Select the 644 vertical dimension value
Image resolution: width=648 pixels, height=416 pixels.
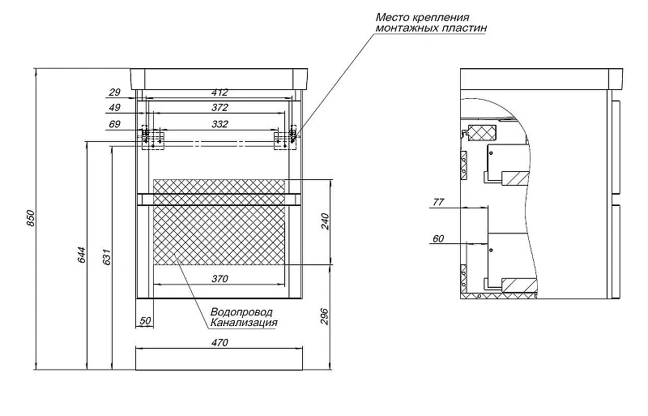81,255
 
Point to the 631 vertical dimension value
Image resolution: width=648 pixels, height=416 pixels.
107,257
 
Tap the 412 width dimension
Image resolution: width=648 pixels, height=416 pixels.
220,92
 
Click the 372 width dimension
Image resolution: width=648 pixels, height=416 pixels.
220,108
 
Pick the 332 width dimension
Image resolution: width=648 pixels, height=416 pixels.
220,124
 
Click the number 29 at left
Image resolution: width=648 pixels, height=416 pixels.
114,92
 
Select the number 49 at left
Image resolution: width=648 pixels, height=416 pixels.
114,108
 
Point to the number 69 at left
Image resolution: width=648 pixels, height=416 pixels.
114,124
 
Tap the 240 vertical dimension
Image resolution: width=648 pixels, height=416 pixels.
325,221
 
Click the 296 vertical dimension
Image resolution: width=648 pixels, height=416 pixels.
325,316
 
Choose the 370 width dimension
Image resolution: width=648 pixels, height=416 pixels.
220,279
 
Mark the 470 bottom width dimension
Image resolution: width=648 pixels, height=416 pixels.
220,343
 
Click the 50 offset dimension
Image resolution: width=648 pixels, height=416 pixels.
145,321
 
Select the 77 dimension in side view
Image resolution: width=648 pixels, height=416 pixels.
438,202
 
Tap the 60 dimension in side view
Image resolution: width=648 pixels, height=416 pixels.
438,239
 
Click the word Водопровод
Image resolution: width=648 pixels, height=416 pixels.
241,312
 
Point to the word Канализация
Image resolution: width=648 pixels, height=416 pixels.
244,323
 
